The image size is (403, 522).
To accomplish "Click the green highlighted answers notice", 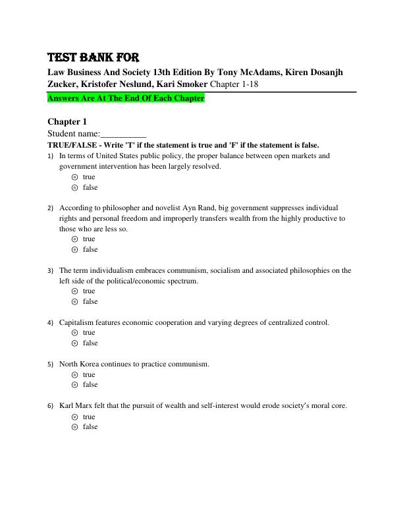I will point(126,98).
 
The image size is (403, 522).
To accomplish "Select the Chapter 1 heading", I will point(67,121).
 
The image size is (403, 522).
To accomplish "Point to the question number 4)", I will point(51,323).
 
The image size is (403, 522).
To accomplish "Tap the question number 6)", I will point(51,406).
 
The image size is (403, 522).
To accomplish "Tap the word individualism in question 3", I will point(106,270).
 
